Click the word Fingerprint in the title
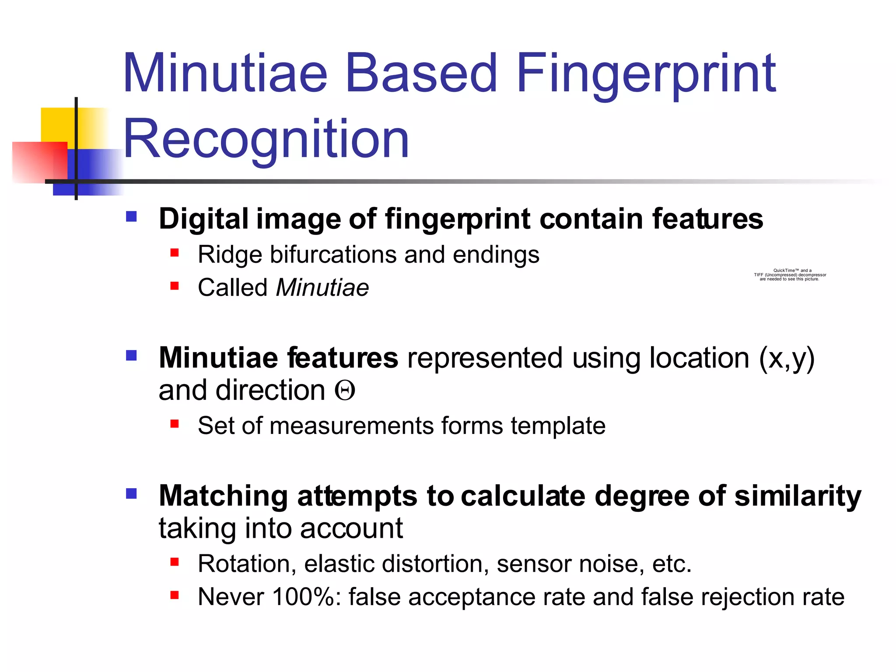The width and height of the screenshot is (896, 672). pyautogui.click(x=646, y=74)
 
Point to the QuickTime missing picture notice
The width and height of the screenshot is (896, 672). pyautogui.click(x=790, y=275)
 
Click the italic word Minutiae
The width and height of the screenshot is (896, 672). pyautogui.click(x=322, y=288)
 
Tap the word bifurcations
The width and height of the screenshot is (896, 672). pyautogui.click(x=333, y=255)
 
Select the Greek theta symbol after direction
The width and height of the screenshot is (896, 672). pyautogui.click(x=345, y=391)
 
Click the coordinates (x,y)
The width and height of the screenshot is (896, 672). pyautogui.click(x=786, y=358)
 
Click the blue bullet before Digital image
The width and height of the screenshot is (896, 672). pyautogui.click(x=131, y=217)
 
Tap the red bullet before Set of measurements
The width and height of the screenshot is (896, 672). pyautogui.click(x=175, y=423)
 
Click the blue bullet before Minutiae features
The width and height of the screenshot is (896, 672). pyautogui.click(x=131, y=355)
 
